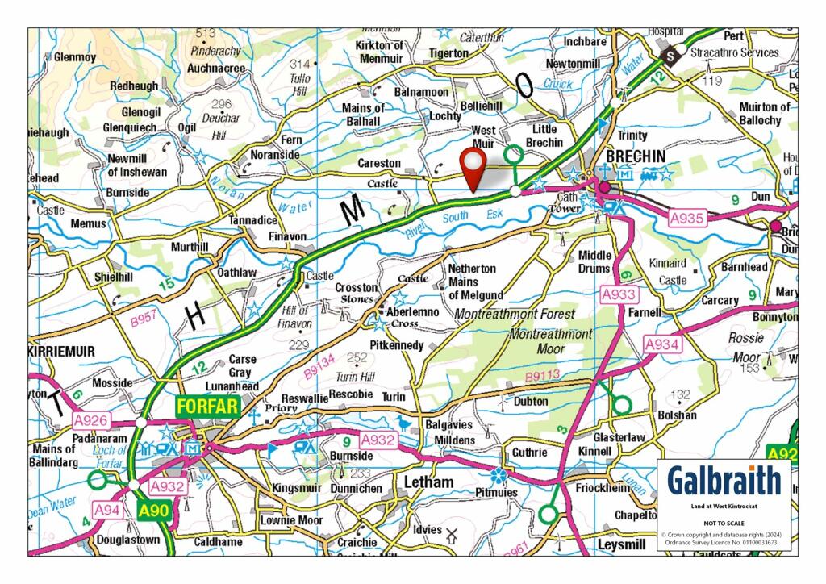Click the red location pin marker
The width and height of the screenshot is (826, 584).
[x=472, y=167]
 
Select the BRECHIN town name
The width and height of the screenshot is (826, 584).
[x=636, y=156]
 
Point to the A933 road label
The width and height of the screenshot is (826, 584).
[x=619, y=295]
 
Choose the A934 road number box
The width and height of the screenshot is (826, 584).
[x=664, y=344]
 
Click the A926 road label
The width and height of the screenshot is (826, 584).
[x=91, y=420]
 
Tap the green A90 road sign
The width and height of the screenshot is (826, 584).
[x=152, y=510]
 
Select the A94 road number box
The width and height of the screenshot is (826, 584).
[x=108, y=510]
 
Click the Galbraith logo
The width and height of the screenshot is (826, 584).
[x=724, y=481]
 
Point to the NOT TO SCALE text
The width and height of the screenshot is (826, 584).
[x=724, y=523]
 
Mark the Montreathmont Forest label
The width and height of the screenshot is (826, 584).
[x=515, y=313]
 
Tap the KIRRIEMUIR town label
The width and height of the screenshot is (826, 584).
[x=61, y=352]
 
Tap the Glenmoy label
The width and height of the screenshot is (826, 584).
[x=75, y=57]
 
